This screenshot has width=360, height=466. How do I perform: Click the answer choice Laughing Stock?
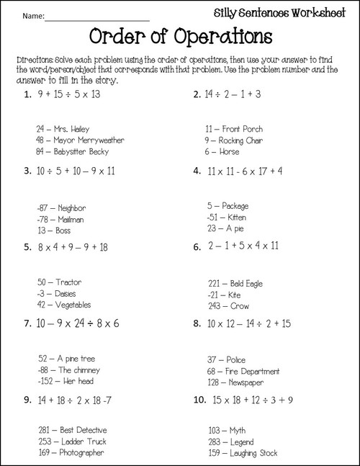click(x=240, y=453)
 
